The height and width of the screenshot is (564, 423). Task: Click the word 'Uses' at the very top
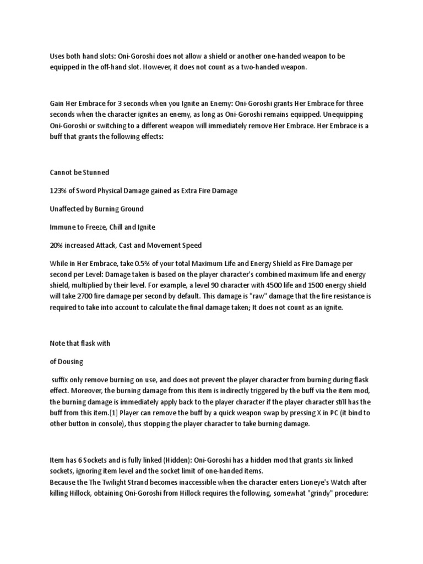pos(57,56)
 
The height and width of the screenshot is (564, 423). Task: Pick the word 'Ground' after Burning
pos(131,209)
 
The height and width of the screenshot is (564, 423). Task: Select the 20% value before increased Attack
pos(57,246)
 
